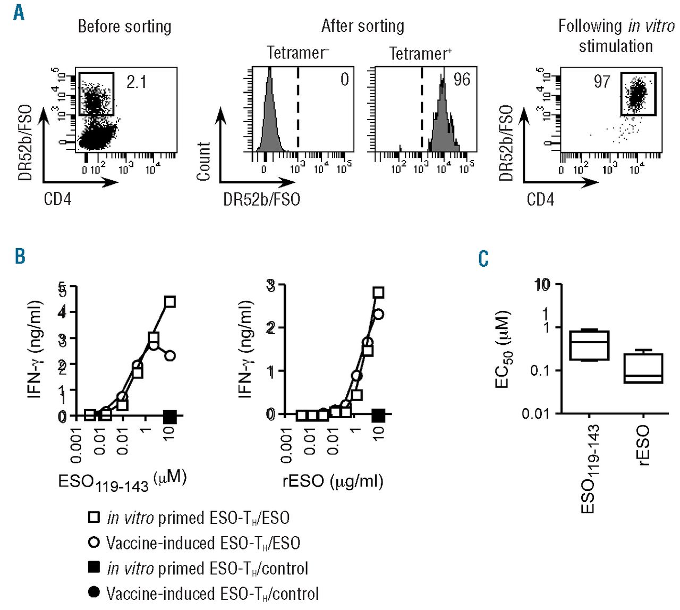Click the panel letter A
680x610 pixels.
coord(19,12)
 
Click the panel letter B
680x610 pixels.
coord(20,257)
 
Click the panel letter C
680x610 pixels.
coord(483,259)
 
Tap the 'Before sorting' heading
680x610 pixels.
coord(124,27)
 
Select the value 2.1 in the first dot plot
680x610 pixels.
coord(136,82)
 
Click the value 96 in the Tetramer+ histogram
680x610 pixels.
coord(461,80)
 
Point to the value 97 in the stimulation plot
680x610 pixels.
coord(602,82)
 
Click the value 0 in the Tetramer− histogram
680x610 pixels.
coord(344,80)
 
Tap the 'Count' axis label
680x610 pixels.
coord(204,162)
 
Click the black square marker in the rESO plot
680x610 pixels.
coord(378,416)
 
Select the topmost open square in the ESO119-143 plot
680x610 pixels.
coord(169,302)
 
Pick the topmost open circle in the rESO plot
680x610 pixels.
coord(378,314)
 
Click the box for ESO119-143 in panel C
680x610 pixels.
coord(589,345)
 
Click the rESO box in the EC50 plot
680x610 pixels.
coord(643,368)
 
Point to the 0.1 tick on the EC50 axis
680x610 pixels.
coord(540,370)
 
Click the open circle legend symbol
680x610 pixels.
coord(94,543)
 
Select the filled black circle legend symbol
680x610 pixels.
coord(94,592)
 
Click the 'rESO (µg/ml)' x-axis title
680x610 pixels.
coord(333,481)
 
